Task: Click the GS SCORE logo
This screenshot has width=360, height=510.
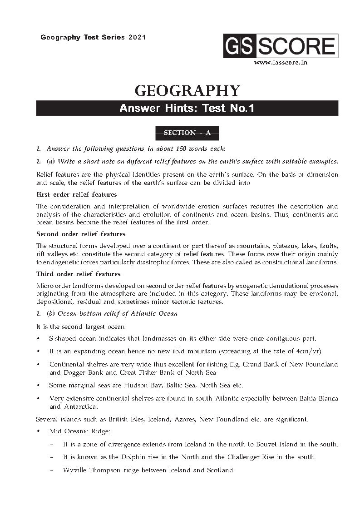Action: coord(280,46)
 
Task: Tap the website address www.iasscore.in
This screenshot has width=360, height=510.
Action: coord(281,63)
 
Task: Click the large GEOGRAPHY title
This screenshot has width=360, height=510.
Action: coord(187,90)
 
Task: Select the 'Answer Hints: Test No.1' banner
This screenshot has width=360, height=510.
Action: coord(187,108)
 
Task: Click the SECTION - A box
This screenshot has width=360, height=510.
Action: coord(187,133)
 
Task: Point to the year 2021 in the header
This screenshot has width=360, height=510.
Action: coord(137,37)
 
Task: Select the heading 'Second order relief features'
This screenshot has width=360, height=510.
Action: coord(81,234)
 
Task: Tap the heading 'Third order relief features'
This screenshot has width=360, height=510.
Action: coord(78,274)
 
